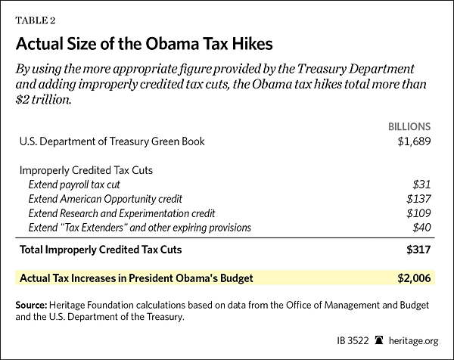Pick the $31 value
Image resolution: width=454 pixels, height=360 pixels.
point(421,185)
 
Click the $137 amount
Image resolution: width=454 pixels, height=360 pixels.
point(418,199)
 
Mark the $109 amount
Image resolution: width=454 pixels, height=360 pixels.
point(418,213)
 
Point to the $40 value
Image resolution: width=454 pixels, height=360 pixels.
point(421,228)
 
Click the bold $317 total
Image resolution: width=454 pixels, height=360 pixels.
point(418,249)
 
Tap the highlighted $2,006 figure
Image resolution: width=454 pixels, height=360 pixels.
point(412,278)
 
